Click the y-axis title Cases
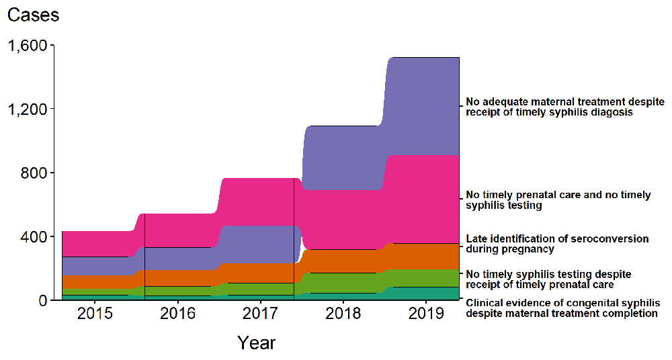[33, 15]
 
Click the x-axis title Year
[256, 343]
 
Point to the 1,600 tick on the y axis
[27, 46]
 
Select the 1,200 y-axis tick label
[27, 109]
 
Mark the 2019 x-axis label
[426, 314]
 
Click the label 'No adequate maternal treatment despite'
[564, 102]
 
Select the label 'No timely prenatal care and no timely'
[558, 195]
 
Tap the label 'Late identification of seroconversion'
[557, 238]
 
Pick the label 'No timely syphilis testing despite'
[548, 274]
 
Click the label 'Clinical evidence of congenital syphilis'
[562, 303]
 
